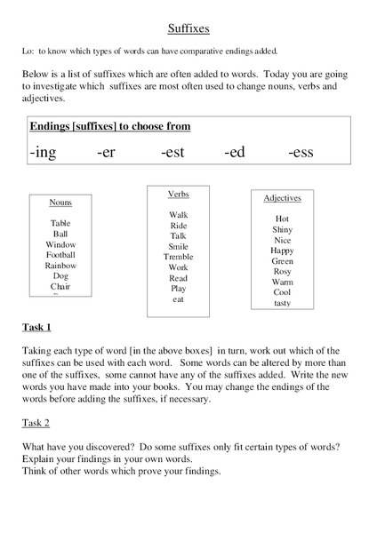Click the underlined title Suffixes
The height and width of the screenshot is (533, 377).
[x=188, y=28]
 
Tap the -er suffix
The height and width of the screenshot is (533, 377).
[x=106, y=153]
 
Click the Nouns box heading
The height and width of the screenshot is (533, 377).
[x=60, y=203]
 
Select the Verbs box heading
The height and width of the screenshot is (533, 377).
[x=178, y=194]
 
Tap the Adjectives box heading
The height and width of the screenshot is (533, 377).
[x=282, y=198]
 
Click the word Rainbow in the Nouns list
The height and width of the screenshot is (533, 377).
[x=60, y=266]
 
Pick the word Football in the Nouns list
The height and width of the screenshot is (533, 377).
[x=60, y=255]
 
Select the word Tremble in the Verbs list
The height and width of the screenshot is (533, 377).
[x=178, y=257]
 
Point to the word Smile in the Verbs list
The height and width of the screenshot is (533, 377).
[x=178, y=246]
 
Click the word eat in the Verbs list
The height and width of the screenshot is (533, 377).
[x=178, y=299]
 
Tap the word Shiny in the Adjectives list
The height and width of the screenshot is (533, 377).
[x=282, y=229]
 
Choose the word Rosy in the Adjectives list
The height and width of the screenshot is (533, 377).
[x=282, y=272]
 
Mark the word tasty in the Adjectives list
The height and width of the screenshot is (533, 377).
[x=282, y=303]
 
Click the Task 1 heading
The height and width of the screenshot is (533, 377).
[x=36, y=328]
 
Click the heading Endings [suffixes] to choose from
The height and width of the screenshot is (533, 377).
[x=110, y=126]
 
